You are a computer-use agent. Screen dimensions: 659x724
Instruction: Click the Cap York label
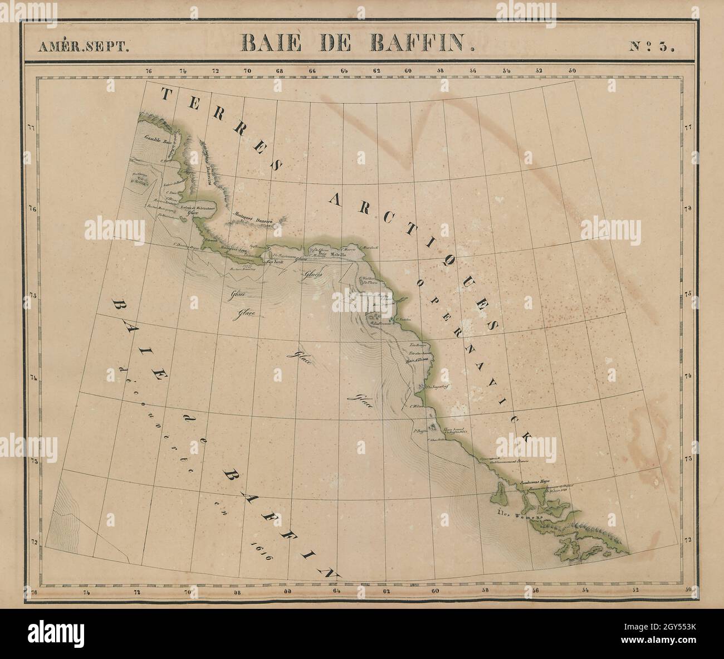(x=276, y=261)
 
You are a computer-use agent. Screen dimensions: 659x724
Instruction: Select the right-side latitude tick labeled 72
(x=688, y=540)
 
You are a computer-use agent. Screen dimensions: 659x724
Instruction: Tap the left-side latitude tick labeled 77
(x=32, y=128)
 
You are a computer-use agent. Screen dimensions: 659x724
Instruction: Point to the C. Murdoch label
(x=369, y=247)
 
